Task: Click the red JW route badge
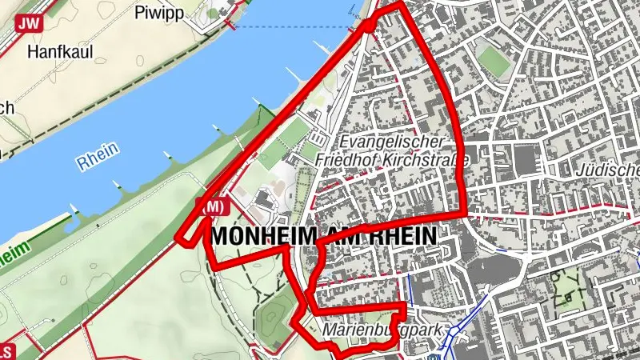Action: point(30,24)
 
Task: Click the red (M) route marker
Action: point(212,207)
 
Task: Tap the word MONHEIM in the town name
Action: point(261,236)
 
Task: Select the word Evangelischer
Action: point(390,142)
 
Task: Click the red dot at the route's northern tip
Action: point(369,25)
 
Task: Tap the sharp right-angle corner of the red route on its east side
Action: point(466,215)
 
